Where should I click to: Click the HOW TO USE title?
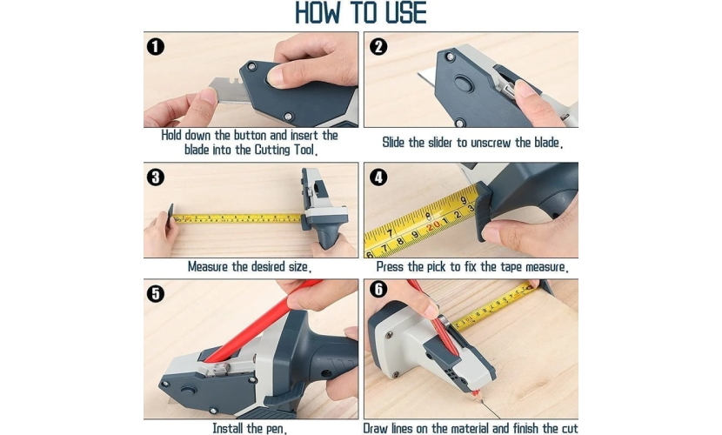(360, 12)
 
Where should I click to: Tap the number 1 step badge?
(155, 46)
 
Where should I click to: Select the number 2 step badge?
(378, 46)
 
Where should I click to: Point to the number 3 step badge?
(155, 177)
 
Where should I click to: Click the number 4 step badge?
(378, 177)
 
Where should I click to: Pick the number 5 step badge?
(155, 294)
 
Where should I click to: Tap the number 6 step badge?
(378, 289)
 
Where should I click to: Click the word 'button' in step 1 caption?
(250, 136)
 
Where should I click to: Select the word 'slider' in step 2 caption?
(440, 143)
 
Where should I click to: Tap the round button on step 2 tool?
(464, 84)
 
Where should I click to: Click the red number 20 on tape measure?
(434, 227)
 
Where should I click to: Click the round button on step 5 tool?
(187, 391)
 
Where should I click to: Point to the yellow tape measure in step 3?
(237, 218)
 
